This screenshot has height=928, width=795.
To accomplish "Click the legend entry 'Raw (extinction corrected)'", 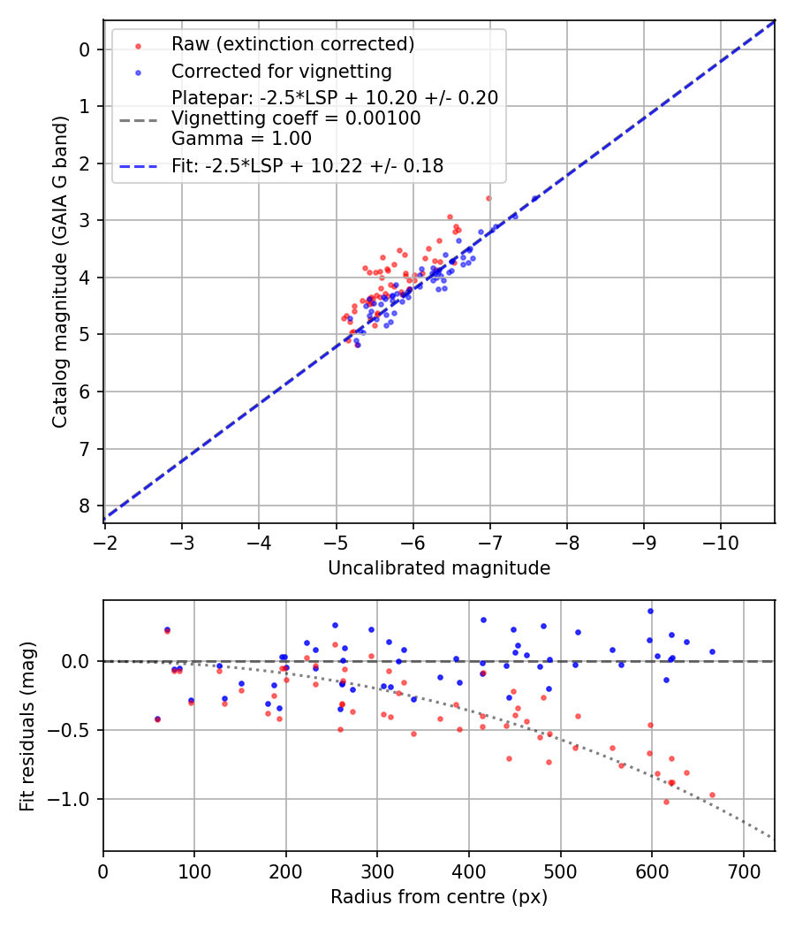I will pos(292,43).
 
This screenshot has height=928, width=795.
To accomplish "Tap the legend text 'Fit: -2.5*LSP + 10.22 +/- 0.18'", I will pos(307,165).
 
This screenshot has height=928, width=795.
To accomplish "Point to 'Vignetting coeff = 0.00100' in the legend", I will pos(296,118).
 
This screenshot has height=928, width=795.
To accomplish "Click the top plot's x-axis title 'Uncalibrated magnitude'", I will pos(439,568).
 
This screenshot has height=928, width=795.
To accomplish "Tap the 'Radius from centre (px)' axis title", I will pos(439,897).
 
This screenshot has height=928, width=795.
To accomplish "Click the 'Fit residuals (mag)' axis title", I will pos(28,726).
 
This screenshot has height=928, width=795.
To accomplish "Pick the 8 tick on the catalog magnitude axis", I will pos(85,506).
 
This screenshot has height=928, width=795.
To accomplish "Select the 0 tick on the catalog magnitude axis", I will pos(85,49).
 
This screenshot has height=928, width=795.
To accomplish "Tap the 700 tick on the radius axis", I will pos(743,871).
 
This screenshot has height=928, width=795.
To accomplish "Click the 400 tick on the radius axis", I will pos(469,871).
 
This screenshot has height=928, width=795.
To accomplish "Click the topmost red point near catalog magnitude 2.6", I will pos(488,198).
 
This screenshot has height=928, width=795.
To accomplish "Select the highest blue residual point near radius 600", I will pos(650,611).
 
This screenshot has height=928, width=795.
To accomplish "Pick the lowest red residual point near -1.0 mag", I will pos(666,802).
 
